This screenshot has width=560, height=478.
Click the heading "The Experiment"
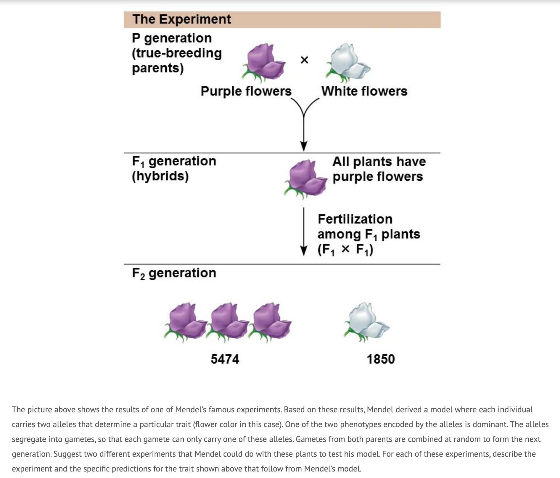181,19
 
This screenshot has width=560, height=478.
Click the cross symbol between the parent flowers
304,60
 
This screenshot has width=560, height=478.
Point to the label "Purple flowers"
246,91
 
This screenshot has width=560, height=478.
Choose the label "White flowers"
364,91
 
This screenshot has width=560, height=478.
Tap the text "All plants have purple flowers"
379,169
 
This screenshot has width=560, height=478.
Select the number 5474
225,359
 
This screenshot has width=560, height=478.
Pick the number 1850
381,359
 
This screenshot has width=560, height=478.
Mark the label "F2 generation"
174,273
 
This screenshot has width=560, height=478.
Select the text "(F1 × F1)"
345,250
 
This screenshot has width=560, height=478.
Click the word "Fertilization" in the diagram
355,219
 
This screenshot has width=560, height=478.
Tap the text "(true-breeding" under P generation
177,53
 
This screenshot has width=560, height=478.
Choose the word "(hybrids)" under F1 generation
160,176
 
